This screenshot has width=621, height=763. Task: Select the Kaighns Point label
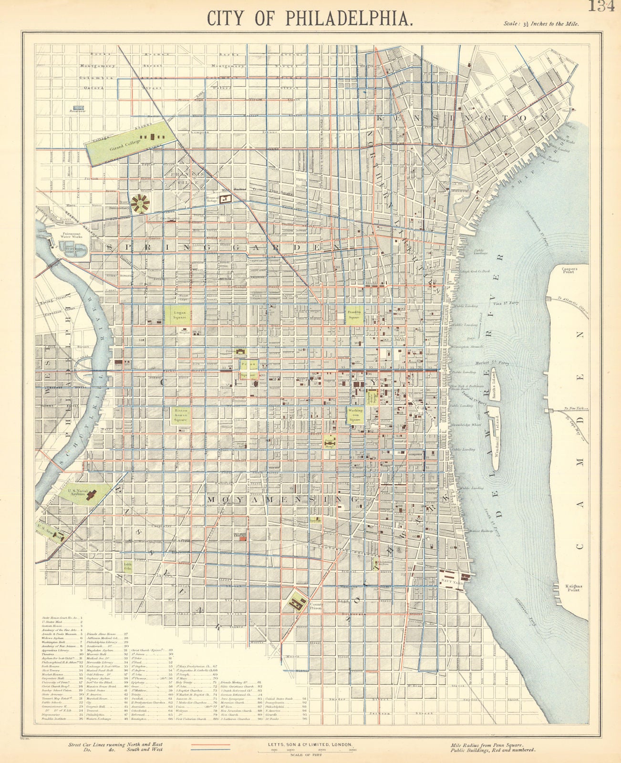coord(574,588)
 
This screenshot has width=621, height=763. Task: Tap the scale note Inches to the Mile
coord(540,23)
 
